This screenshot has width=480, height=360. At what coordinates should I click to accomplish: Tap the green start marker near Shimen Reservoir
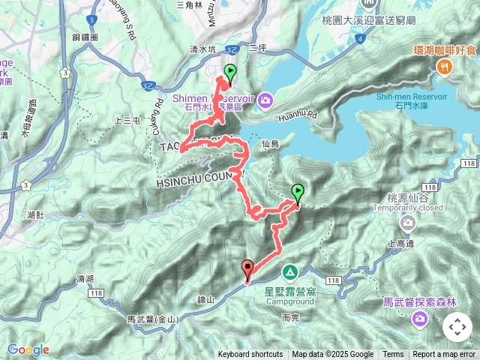pos(229,73)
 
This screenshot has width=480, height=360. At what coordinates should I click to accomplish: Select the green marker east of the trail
pos(298,193)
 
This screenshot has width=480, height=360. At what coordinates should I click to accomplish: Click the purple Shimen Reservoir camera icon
pos(266,99)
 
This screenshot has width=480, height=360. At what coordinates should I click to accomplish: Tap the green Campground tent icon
pos(289,271)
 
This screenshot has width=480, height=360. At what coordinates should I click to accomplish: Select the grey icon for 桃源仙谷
pos(407,223)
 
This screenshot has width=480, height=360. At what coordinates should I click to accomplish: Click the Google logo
pos(28,349)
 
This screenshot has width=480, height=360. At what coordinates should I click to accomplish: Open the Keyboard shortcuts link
pos(250,355)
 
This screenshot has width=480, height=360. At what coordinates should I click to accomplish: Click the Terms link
pos(393,355)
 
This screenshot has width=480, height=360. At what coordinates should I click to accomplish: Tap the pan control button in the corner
pos(457,327)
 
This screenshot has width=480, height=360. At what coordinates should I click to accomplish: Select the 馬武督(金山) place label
pos(153,319)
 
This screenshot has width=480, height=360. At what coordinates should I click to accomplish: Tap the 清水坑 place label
pos(202,49)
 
